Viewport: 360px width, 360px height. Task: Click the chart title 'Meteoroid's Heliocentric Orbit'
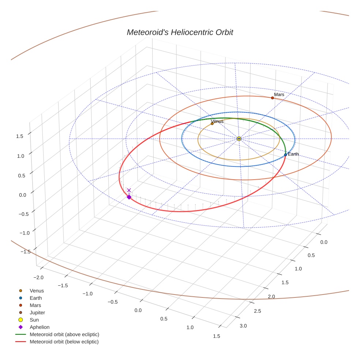point(180,32)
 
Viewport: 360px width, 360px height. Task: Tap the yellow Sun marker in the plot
point(239,139)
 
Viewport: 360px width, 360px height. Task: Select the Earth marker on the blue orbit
point(285,155)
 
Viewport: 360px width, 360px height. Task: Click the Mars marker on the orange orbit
point(272,98)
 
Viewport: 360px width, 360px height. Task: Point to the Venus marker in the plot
point(212,124)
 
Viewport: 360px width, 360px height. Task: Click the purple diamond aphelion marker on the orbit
point(129,197)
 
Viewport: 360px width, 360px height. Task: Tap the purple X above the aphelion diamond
point(129,190)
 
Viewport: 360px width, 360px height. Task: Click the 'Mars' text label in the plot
point(279,95)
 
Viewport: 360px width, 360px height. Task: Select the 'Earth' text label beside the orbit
point(293,154)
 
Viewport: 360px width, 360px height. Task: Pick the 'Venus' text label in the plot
point(217,121)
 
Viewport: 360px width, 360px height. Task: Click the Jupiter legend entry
point(37,312)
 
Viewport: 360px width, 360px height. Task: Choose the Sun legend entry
point(34,320)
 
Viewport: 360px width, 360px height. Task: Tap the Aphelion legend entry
point(40,327)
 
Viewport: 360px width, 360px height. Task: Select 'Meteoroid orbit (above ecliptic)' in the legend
point(64,334)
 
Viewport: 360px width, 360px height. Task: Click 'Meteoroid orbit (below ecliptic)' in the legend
point(64,342)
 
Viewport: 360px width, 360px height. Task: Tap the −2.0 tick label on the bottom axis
point(38,278)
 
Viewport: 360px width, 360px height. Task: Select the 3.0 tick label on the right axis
point(243,326)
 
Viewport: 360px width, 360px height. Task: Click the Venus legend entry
point(37,290)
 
